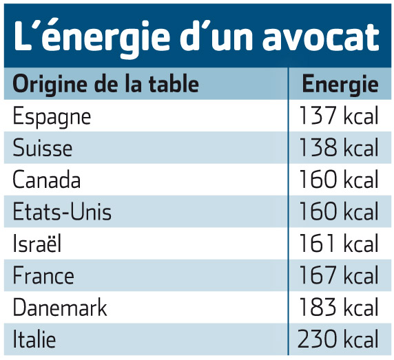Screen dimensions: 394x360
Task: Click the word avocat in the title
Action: coord(320,37)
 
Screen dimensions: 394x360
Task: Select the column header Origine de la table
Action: coord(105,83)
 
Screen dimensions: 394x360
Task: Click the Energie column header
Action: coord(340,85)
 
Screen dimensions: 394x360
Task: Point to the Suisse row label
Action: coord(43,147)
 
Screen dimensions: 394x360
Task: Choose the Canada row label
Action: coord(46,179)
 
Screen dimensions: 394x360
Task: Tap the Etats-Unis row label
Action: coord(62,211)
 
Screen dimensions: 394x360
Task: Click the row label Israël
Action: coord(37,242)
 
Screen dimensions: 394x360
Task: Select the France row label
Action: coord(43,275)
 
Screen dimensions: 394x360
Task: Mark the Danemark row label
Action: coord(60,307)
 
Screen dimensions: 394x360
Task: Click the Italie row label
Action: coord(34,339)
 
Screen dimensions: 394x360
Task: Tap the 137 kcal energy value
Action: coord(339,116)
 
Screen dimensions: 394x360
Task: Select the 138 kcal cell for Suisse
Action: coord(339,147)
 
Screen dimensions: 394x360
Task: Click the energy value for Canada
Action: coord(339,179)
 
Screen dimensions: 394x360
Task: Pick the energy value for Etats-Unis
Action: coord(339,211)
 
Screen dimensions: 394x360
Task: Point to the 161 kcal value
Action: coord(339,243)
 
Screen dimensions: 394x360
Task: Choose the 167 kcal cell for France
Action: coord(339,275)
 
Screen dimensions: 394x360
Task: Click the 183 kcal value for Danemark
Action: coord(339,307)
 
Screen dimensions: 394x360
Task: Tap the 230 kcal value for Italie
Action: coord(338,339)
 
